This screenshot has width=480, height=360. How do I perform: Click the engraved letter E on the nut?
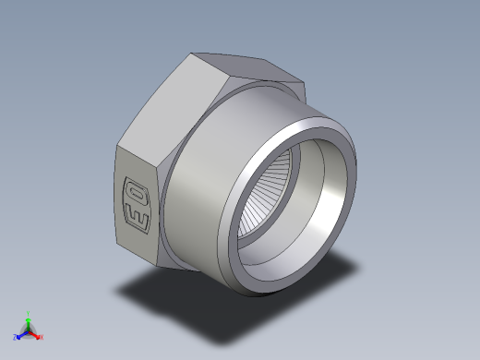pos(136,218)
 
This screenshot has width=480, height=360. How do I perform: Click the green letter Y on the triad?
pos(29,312)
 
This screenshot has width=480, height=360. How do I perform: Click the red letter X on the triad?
pos(42,337)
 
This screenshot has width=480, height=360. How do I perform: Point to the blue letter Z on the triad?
pos(16,337)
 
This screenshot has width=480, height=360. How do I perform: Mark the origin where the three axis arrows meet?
pos(29,330)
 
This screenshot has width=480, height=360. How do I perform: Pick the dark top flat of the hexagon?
pos(245,69)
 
